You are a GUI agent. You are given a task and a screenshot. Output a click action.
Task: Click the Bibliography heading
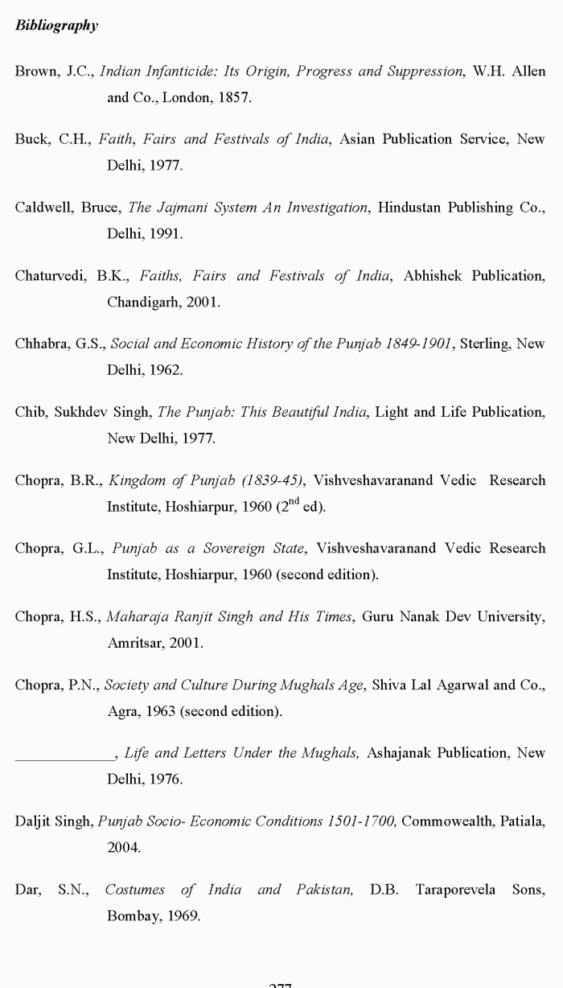pyautogui.click(x=56, y=26)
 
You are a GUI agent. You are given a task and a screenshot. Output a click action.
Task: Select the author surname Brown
pyautogui.click(x=35, y=72)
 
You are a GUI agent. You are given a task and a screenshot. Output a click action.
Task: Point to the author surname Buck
pyautogui.click(x=31, y=139)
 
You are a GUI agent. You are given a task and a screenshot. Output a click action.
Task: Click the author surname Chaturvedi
pyautogui.click(x=49, y=276)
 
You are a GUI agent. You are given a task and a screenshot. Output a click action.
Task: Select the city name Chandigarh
pyautogui.click(x=143, y=303)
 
